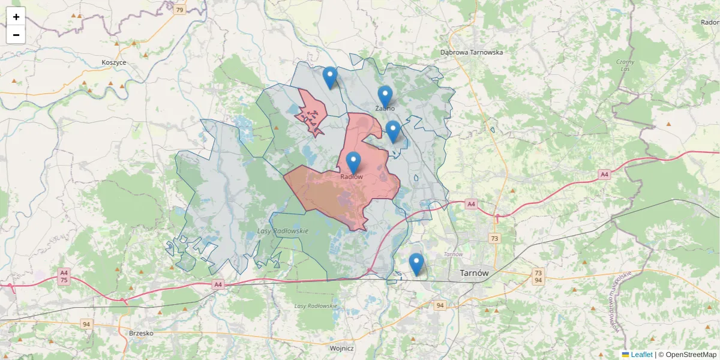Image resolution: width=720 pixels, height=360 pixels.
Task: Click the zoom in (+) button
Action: coord(16,17)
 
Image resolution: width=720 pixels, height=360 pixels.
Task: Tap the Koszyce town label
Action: coord(114,62)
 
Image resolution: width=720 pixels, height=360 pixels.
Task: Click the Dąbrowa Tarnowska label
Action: coord(472,52)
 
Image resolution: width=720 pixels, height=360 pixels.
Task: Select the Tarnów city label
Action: coord(474,273)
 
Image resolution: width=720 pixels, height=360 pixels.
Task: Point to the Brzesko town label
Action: coord(142,333)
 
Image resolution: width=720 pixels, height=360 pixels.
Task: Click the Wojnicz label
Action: coord(342,348)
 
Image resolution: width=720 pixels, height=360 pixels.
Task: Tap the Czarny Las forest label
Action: coord(626,65)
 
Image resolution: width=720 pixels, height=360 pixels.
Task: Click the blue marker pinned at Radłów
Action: coord(353,162)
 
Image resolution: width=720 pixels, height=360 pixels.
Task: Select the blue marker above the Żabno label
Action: coord(385,96)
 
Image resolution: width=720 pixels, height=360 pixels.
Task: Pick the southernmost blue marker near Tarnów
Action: coord(416,263)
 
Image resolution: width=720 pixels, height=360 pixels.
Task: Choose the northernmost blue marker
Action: coord(329,77)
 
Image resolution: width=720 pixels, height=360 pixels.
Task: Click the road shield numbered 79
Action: coord(179,10)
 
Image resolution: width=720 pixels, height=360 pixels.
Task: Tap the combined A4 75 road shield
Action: coord(64,276)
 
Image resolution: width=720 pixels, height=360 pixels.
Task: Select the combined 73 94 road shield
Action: coord(538,277)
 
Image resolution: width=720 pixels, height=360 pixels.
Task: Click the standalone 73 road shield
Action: coord(494,238)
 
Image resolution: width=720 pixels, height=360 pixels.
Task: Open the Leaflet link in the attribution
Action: coord(641,355)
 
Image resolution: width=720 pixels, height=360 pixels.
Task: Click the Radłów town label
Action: coord(352,177)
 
